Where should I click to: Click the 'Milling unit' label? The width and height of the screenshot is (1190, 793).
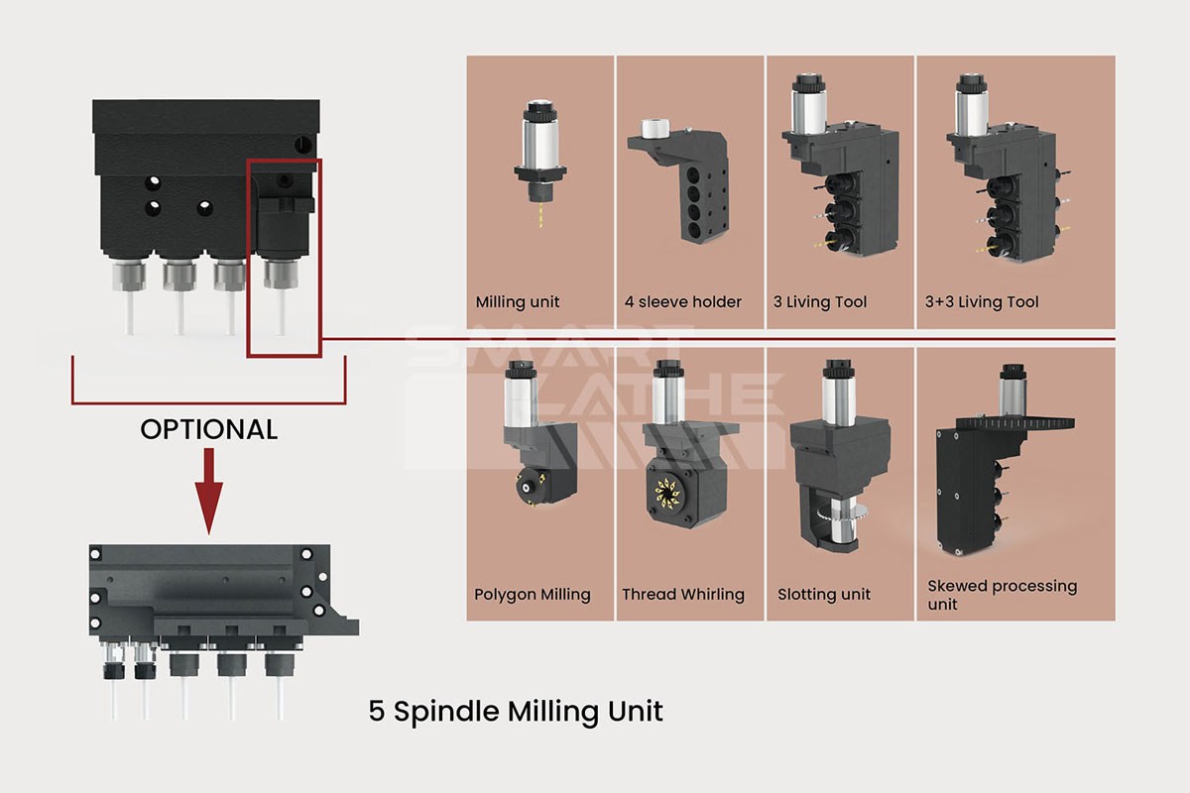pos(518,302)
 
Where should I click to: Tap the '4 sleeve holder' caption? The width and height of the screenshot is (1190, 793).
pos(683,302)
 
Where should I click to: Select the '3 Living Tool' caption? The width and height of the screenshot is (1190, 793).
pos(820,302)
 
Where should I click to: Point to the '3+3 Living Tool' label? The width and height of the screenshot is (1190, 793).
pos(982,302)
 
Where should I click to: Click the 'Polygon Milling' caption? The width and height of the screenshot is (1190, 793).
pos(533,595)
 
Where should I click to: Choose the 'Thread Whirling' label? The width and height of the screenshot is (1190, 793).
pos(683,595)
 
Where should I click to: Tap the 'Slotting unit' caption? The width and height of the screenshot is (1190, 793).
pos(824,595)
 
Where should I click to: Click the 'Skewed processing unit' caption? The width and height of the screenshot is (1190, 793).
pos(1002,595)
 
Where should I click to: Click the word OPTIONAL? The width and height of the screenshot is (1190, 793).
pos(209,429)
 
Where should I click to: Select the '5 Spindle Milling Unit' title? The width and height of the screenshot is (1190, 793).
pos(516,711)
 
